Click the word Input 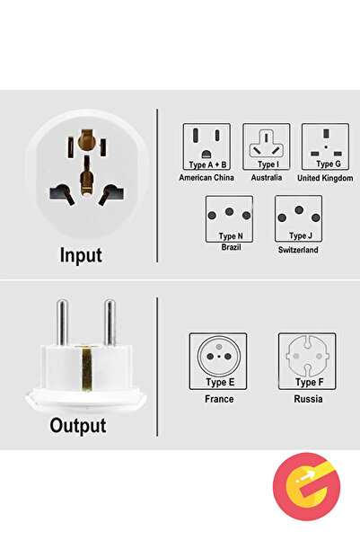81,255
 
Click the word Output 78,425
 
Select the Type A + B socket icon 206,146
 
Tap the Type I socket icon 266,146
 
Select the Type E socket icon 219,361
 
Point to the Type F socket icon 308,361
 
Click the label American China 206,178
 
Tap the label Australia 266,178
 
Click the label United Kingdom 325,178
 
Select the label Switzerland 298,251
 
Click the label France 219,398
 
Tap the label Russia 308,398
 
